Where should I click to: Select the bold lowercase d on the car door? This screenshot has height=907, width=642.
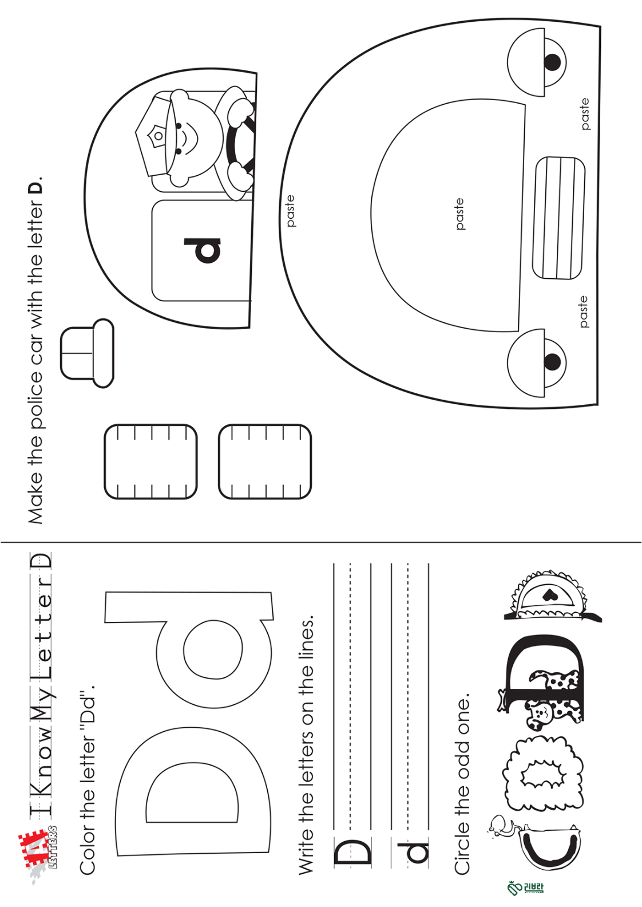[203, 250]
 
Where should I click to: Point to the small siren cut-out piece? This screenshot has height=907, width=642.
[87, 353]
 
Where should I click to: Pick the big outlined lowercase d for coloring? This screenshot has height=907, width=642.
[188, 648]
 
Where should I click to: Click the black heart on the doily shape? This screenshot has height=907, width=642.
[549, 594]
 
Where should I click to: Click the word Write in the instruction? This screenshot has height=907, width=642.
[306, 843]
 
